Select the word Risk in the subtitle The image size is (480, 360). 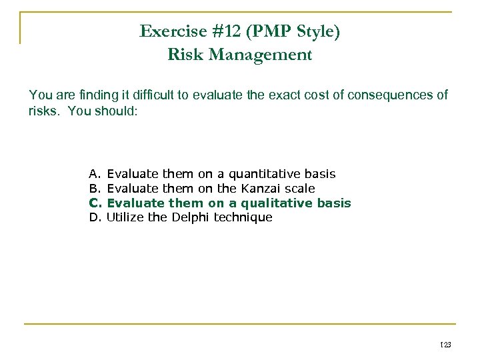tap(185, 55)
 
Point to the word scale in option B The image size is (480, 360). tap(299, 189)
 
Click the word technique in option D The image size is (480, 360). tap(243, 217)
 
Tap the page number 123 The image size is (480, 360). tap(445, 344)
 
